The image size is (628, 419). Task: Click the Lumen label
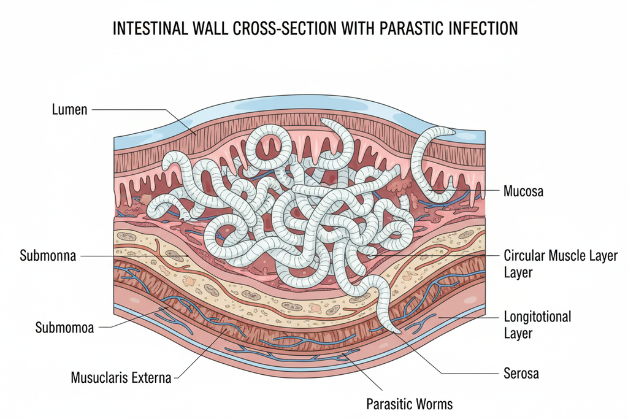click(x=70, y=110)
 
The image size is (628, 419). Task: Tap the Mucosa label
click(x=523, y=191)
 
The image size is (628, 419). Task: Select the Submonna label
click(x=48, y=256)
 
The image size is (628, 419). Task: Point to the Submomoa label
click(x=64, y=328)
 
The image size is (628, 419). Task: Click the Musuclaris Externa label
click(x=121, y=377)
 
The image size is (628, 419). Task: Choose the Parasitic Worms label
click(x=409, y=404)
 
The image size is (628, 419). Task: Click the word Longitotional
click(x=537, y=317)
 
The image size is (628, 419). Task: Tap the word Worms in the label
click(x=433, y=404)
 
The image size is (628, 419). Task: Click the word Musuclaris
click(x=98, y=377)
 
